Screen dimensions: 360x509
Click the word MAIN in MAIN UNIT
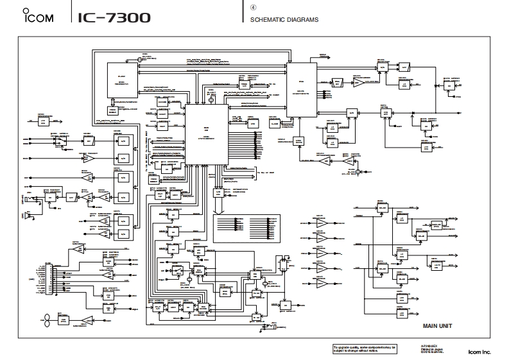(x=429, y=326)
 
